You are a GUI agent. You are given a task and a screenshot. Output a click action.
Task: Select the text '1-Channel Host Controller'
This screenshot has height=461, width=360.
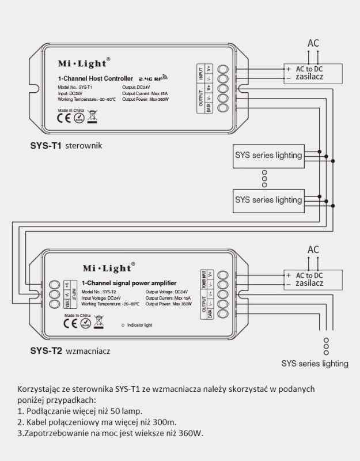point(96,78)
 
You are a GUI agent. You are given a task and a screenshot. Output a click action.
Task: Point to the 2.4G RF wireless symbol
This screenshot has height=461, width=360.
point(153,77)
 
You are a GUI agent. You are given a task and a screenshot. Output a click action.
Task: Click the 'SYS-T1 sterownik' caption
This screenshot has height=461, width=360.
point(66,146)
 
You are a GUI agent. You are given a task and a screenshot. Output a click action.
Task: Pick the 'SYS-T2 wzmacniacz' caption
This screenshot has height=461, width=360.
point(70,350)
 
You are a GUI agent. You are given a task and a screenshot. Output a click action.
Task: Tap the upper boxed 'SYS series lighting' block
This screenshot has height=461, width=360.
point(268,155)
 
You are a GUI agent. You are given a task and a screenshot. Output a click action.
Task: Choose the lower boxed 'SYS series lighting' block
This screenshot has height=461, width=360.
point(268,200)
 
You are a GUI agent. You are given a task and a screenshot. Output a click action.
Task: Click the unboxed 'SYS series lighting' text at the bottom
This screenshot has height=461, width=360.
point(314,364)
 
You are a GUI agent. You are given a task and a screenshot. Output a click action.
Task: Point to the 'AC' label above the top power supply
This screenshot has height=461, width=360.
point(313,43)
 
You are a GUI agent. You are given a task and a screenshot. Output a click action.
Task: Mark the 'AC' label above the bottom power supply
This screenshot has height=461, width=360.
point(313,250)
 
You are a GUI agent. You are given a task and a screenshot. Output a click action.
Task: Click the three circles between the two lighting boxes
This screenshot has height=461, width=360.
point(264,178)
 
